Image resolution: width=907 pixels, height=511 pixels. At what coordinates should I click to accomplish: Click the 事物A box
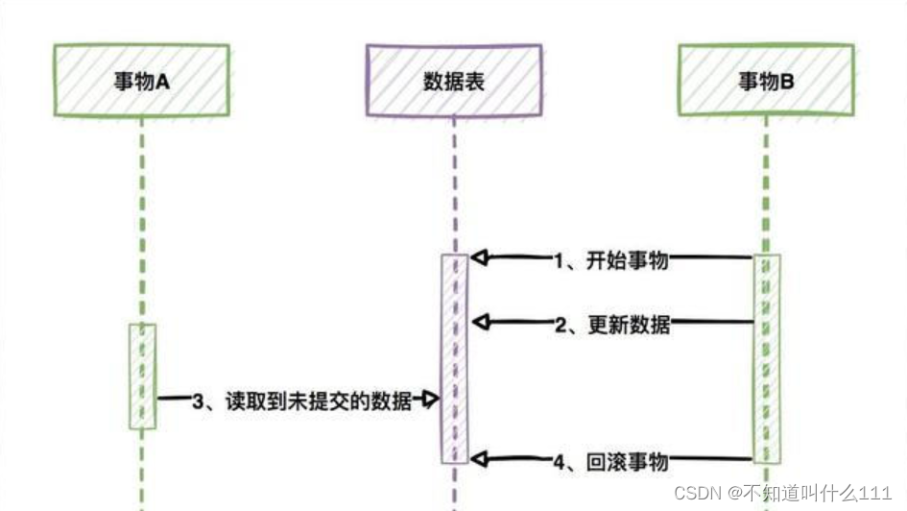pyautogui.click(x=142, y=81)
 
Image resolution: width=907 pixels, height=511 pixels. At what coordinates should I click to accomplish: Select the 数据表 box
pyautogui.click(x=453, y=81)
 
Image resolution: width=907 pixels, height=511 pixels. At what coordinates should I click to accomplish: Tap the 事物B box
pyautogui.click(x=765, y=81)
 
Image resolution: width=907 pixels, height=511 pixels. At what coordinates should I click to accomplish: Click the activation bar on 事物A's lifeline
pyautogui.click(x=142, y=376)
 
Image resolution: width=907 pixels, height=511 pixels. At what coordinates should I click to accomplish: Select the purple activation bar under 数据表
pyautogui.click(x=454, y=359)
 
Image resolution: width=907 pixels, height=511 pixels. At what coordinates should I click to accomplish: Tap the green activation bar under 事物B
pyautogui.click(x=767, y=359)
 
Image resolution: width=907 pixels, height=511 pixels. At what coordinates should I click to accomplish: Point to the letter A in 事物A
pyautogui.click(x=163, y=82)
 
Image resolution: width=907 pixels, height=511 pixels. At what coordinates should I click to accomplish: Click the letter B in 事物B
pyautogui.click(x=787, y=82)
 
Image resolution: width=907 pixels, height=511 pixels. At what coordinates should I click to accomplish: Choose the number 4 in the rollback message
pyautogui.click(x=560, y=462)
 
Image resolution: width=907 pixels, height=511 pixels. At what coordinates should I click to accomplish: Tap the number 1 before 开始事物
pyautogui.click(x=560, y=259)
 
